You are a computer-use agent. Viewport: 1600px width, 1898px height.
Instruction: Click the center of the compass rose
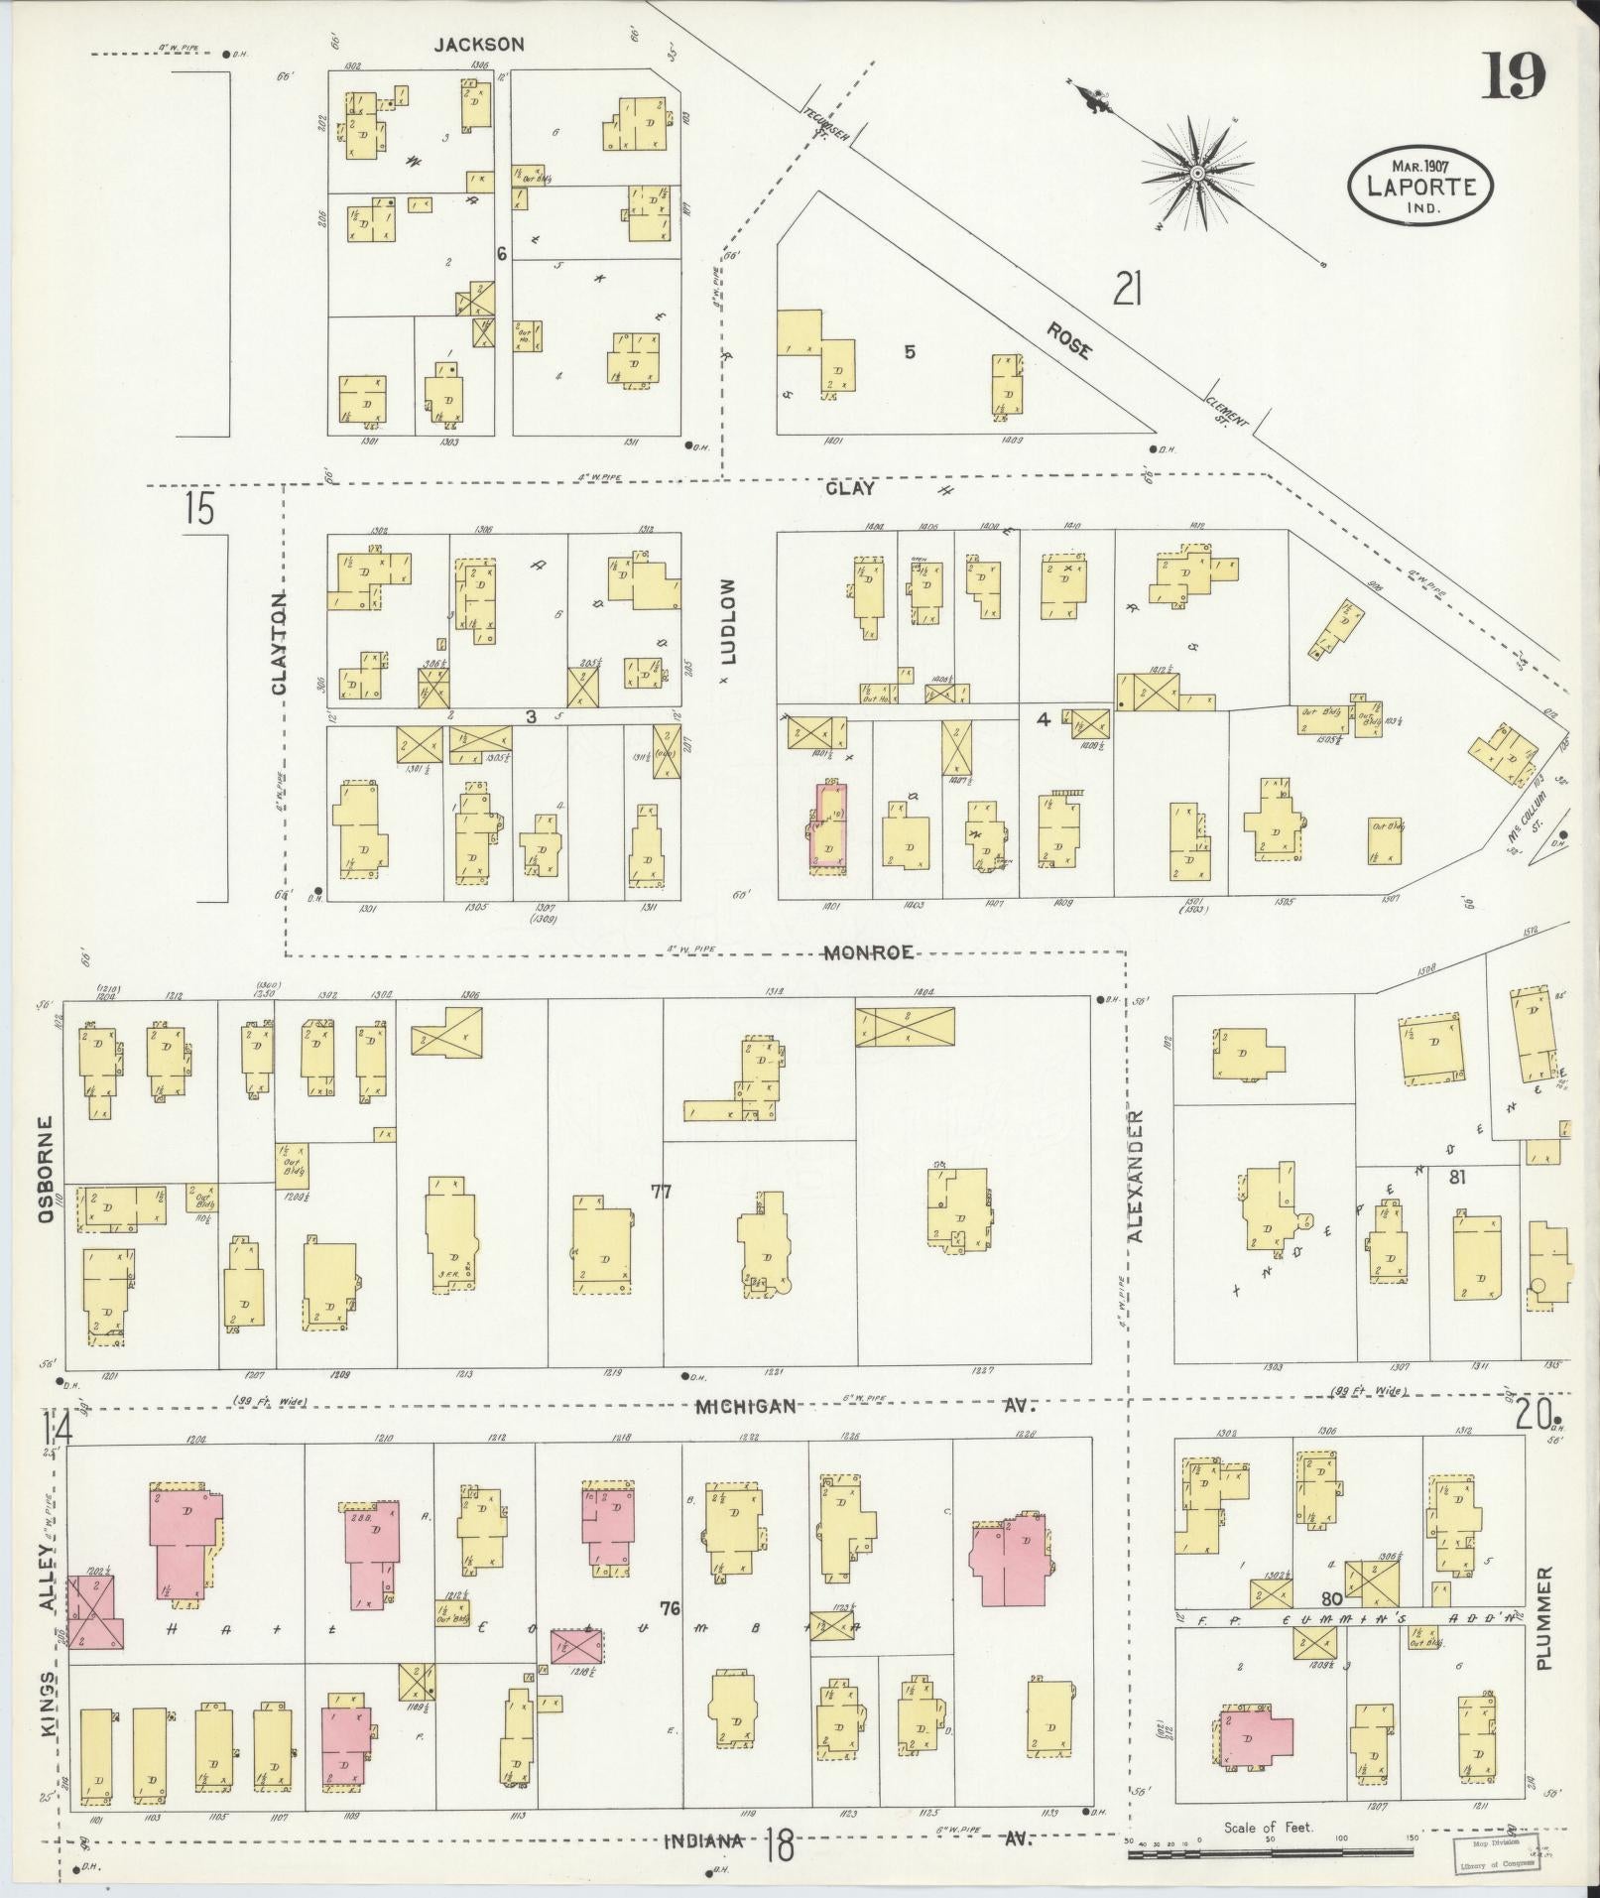(1197, 174)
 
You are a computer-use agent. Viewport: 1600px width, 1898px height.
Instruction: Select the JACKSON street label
(479, 44)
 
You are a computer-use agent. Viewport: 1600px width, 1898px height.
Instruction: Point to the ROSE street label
(1069, 338)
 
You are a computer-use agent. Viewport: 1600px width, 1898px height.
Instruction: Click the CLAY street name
(851, 488)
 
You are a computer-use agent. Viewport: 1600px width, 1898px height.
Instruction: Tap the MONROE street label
(868, 952)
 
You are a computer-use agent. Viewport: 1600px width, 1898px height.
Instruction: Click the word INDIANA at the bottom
(704, 1840)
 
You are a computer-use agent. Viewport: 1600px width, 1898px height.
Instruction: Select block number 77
(662, 1192)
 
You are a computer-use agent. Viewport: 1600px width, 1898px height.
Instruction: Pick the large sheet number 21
(1128, 291)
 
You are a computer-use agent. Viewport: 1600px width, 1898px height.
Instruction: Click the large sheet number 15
(198, 509)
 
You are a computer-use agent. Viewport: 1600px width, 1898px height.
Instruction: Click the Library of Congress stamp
(1497, 1853)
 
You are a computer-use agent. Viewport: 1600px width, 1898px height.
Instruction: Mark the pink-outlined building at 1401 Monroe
(830, 826)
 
